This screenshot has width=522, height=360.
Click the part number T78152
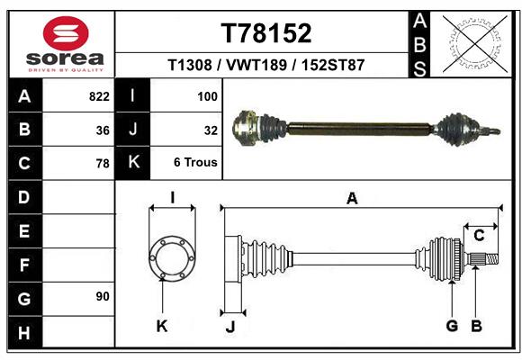coord(266,32)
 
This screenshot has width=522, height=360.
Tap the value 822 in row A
coord(99,96)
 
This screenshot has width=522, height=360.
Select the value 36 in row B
coord(103,130)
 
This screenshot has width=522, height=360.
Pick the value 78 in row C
coord(103,164)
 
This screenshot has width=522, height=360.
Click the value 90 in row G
coord(103,296)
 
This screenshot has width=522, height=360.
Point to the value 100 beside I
coord(208,96)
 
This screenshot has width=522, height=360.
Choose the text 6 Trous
coord(195,163)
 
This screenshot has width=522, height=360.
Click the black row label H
coord(24,332)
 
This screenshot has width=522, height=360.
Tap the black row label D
coord(24,196)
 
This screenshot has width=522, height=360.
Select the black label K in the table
coord(133,163)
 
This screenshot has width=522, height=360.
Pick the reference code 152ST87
coord(332,66)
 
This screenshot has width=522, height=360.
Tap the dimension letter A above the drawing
coord(352,199)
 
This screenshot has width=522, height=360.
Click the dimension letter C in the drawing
coord(480,236)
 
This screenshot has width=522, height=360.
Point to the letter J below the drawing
coord(229,328)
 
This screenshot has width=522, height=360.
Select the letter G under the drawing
coord(452,326)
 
